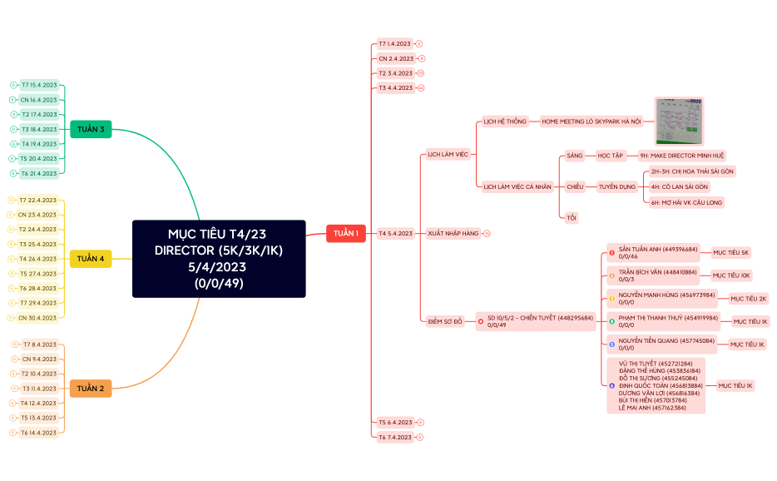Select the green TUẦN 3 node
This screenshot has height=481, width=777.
point(91,129)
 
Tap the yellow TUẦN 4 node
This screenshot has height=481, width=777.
point(91,259)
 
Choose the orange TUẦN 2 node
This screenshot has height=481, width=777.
point(91,389)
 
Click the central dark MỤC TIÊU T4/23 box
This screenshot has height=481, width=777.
point(219,258)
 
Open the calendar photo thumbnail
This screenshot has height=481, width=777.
point(679,121)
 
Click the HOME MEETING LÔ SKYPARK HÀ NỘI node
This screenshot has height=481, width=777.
point(591,121)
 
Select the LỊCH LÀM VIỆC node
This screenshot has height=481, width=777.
point(448,154)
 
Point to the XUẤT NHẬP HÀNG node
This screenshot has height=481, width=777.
point(453,234)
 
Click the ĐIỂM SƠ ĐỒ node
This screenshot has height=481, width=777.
point(444,320)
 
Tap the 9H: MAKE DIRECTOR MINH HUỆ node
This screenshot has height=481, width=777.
point(681,156)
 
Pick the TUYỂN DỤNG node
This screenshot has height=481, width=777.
point(616,186)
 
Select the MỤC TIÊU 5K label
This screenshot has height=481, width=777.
point(730,252)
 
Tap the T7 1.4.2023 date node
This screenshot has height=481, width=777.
point(394,43)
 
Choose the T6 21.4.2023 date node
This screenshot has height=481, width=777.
point(39,173)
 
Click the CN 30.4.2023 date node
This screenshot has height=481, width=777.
point(37,318)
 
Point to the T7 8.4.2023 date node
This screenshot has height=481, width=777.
point(39,345)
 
